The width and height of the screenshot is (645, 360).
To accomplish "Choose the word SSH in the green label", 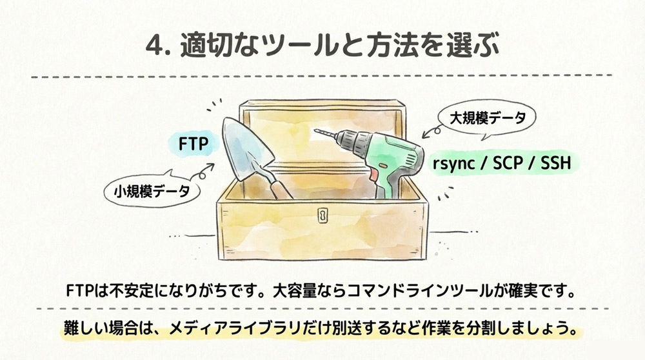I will pyautogui.click(x=557, y=164).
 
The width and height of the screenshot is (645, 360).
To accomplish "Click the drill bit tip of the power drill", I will pyautogui.click(x=317, y=132).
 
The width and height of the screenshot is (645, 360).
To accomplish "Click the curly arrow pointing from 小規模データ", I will pyautogui.click(x=204, y=169).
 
